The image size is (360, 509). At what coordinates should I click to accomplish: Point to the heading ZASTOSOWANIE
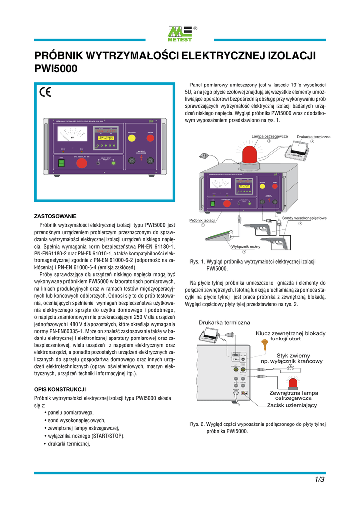pos(55,216)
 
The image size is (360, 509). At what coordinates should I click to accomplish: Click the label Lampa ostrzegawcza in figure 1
pos(270,136)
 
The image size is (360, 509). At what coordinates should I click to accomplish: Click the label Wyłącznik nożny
pos(244,246)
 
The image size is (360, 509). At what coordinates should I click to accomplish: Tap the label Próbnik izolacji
pos(202,220)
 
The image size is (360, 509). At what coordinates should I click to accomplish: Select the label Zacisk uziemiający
pos(291,405)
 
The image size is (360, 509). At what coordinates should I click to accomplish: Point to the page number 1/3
pos(319,480)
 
